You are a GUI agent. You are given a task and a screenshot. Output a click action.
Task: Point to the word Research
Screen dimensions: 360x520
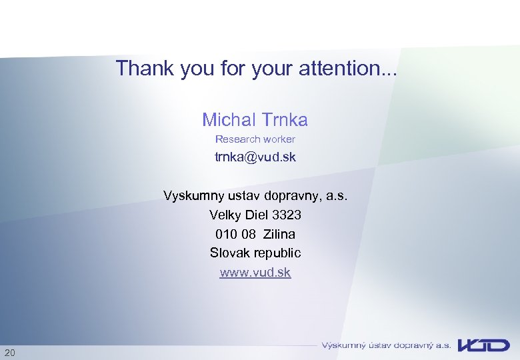[237, 139]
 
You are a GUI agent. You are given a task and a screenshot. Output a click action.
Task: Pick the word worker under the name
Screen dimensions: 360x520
[279, 139]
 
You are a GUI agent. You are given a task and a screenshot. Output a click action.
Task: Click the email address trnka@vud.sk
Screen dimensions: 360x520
[255, 157]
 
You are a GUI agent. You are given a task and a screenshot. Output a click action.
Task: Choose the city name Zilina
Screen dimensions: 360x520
[279, 234]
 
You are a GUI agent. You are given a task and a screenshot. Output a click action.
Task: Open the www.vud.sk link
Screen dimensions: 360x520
[255, 272]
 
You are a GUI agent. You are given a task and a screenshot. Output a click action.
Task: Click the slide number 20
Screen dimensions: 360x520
[10, 352]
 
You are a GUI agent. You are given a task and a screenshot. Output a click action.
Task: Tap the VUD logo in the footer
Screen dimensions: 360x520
[483, 345]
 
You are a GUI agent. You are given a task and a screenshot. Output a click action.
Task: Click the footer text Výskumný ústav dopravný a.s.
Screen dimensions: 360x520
[386, 345]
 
